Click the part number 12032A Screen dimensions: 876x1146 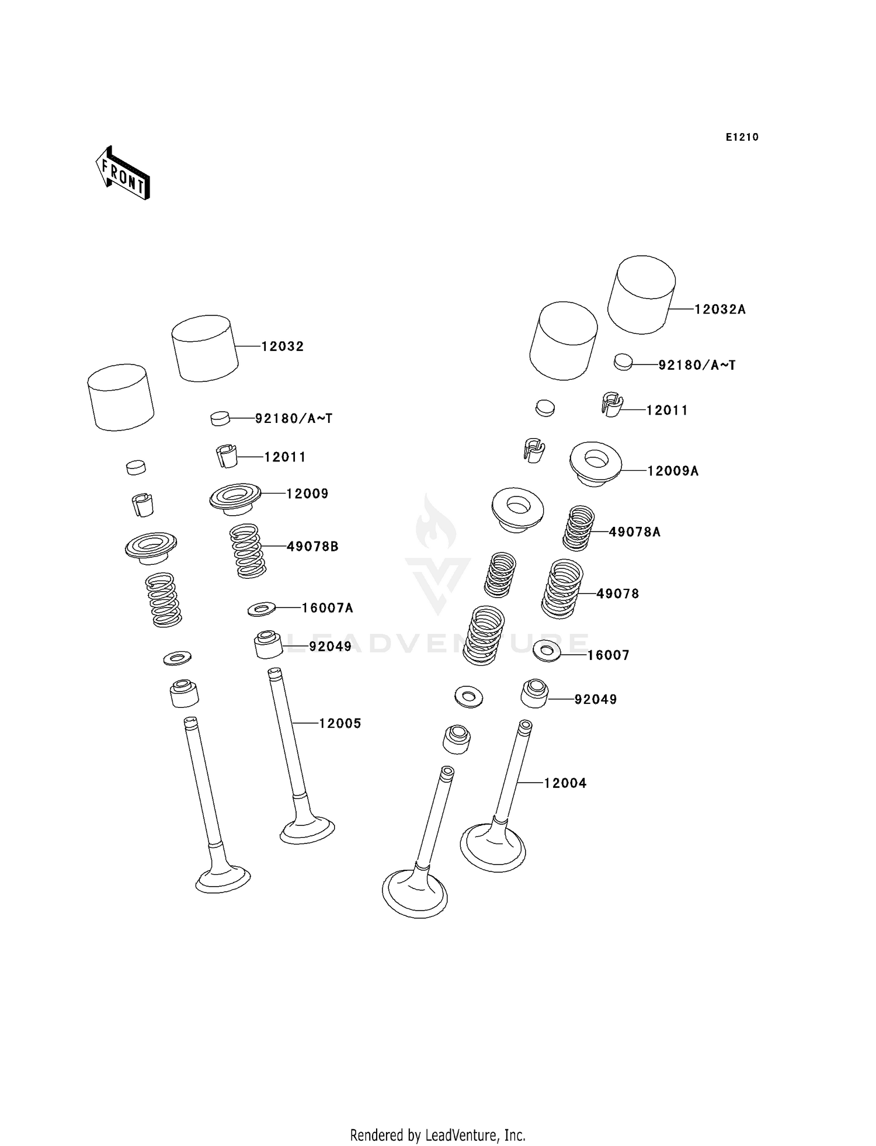(x=719, y=310)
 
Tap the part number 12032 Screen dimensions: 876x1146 (x=282, y=346)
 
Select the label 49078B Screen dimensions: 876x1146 (x=312, y=547)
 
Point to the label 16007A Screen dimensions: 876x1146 (x=327, y=608)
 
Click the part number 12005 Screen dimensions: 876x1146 (x=340, y=723)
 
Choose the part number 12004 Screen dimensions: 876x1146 (x=565, y=783)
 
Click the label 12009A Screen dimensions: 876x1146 (x=672, y=471)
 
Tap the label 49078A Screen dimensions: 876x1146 (x=634, y=532)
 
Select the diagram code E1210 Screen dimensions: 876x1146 (x=742, y=137)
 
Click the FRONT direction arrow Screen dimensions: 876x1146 (x=123, y=173)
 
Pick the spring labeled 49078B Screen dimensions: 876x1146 (x=248, y=551)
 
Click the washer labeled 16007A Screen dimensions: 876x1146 (x=262, y=610)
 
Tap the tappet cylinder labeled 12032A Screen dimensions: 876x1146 (x=642, y=294)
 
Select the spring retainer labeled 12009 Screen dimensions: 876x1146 (x=235, y=498)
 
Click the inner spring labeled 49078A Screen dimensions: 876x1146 (x=578, y=527)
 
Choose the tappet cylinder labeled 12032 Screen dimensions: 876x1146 (x=204, y=348)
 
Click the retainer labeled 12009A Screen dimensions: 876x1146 (x=595, y=464)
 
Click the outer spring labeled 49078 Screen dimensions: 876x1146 (x=562, y=589)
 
